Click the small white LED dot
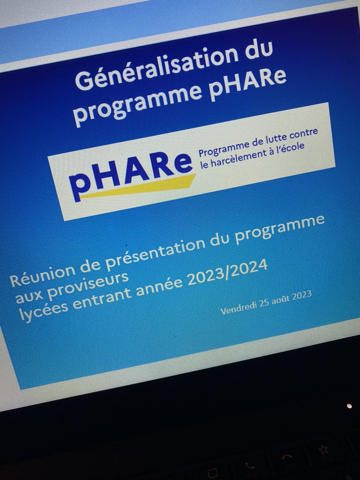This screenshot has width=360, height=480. tap(349, 406)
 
